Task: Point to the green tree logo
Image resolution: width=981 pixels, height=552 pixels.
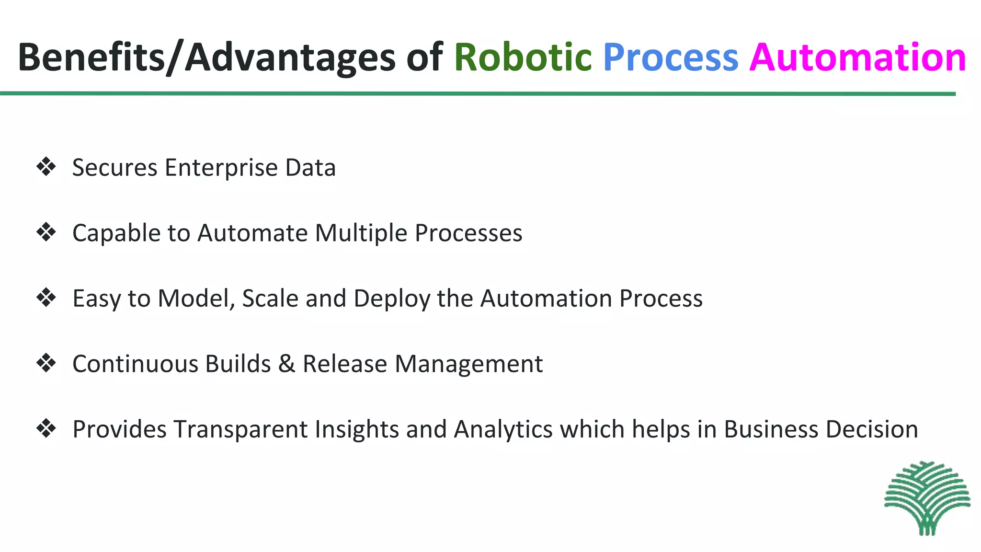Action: pos(927,498)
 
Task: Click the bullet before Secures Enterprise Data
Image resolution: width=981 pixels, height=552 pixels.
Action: pos(46,167)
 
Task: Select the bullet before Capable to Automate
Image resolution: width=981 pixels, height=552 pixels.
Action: pos(46,232)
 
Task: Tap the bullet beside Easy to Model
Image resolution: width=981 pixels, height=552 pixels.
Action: pos(46,298)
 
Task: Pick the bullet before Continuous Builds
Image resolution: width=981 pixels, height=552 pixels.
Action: pos(46,363)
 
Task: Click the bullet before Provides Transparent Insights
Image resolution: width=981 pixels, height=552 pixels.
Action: pos(46,428)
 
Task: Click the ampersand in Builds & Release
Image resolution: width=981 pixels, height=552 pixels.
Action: pos(286,364)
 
